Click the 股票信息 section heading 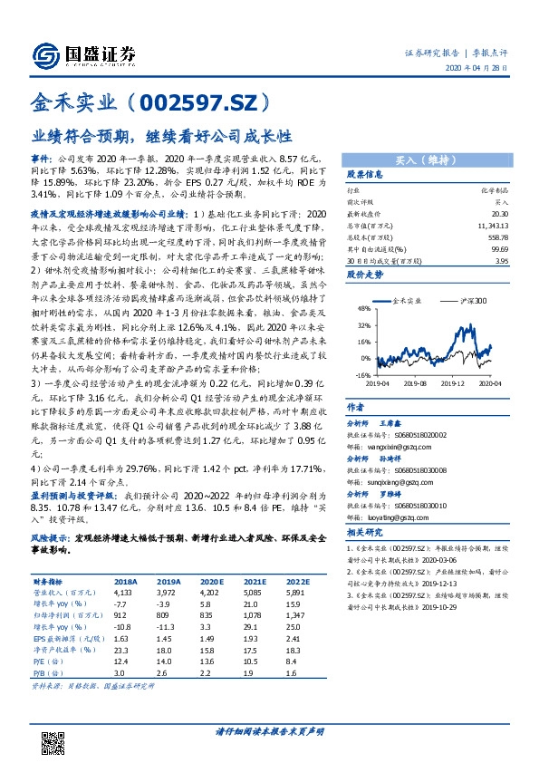pos(366,175)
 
